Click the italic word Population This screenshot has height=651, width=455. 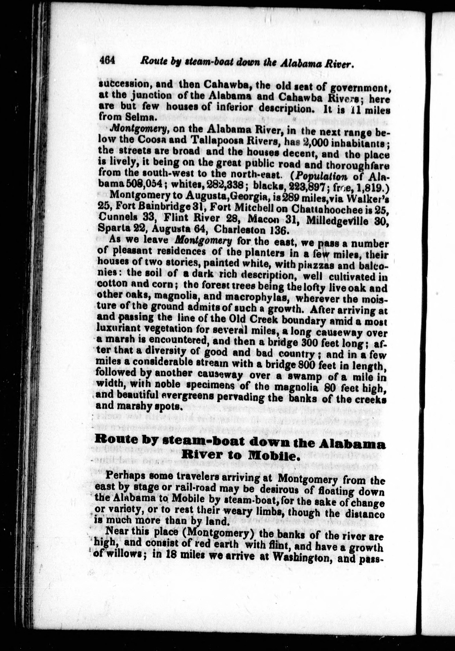pyautogui.click(x=322, y=176)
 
